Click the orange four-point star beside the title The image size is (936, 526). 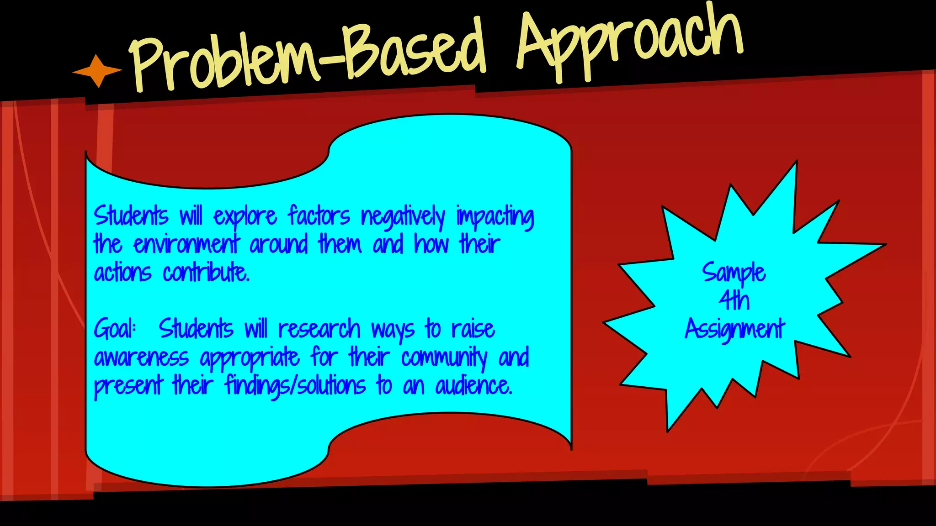tap(97, 71)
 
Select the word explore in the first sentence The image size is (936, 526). tap(245, 216)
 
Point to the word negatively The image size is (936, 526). tap(403, 217)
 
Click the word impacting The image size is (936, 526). tap(495, 217)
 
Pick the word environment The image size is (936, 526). tap(186, 244)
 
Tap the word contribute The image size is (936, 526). tap(206, 273)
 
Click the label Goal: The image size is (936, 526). tap(115, 329)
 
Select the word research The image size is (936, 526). tap(319, 329)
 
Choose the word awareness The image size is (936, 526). tap(141, 357)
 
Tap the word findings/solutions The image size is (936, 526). tap(295, 386)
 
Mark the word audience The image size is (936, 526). tap(473, 386)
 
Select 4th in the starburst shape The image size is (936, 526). tap(734, 300)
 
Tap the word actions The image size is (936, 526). tap(122, 273)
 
